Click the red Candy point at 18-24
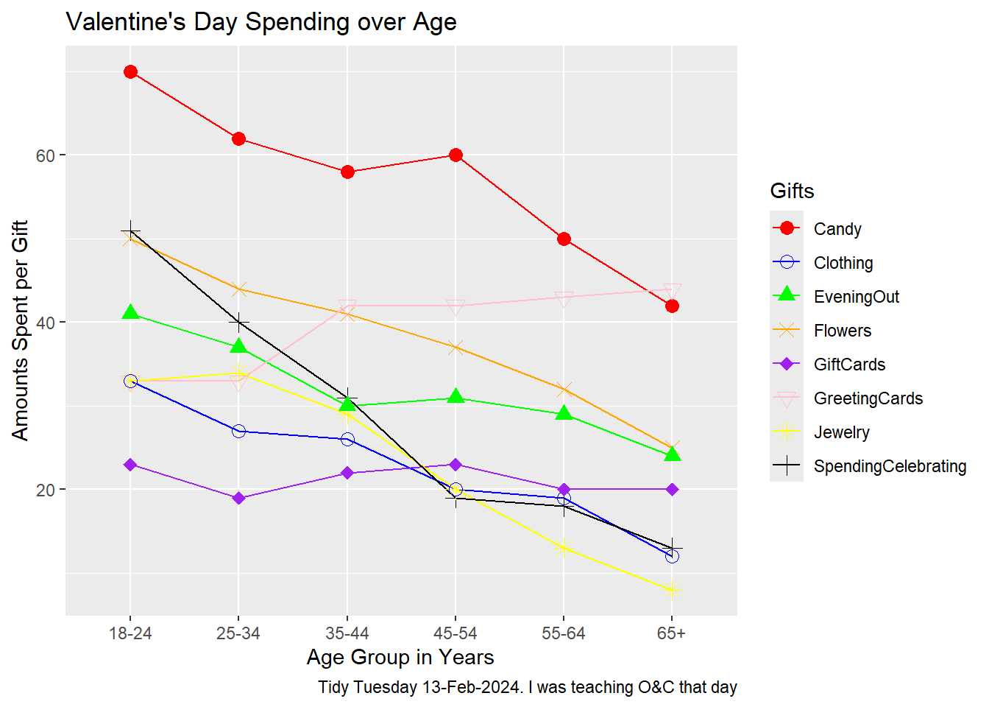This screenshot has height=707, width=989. pyautogui.click(x=130, y=71)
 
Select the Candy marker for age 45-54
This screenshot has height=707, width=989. pyautogui.click(x=455, y=155)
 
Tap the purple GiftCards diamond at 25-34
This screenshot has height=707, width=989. pyautogui.click(x=238, y=499)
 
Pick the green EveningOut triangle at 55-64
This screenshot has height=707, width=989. pyautogui.click(x=564, y=413)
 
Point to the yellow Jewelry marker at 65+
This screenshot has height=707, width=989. pyautogui.click(x=672, y=590)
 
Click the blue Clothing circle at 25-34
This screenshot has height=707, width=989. pyautogui.click(x=238, y=431)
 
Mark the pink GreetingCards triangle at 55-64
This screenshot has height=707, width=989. pyautogui.click(x=564, y=298)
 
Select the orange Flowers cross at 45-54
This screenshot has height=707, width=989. pyautogui.click(x=455, y=347)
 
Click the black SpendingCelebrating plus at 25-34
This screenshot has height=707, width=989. pyautogui.click(x=238, y=323)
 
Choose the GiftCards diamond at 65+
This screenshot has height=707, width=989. pyautogui.click(x=672, y=490)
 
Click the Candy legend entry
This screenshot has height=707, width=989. pyautogui.click(x=837, y=229)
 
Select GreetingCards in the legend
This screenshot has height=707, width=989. pyautogui.click(x=868, y=398)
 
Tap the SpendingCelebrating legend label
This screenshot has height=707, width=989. pyautogui.click(x=890, y=466)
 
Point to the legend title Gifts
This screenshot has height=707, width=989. pyautogui.click(x=792, y=191)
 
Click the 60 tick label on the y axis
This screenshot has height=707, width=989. pyautogui.click(x=46, y=155)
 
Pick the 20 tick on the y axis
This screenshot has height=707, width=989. pyautogui.click(x=46, y=490)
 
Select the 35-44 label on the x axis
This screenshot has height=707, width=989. pyautogui.click(x=347, y=633)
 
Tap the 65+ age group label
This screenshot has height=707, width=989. pyautogui.click(x=671, y=633)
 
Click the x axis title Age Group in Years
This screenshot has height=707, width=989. pyautogui.click(x=400, y=657)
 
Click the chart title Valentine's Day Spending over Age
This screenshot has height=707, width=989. pyautogui.click(x=261, y=22)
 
